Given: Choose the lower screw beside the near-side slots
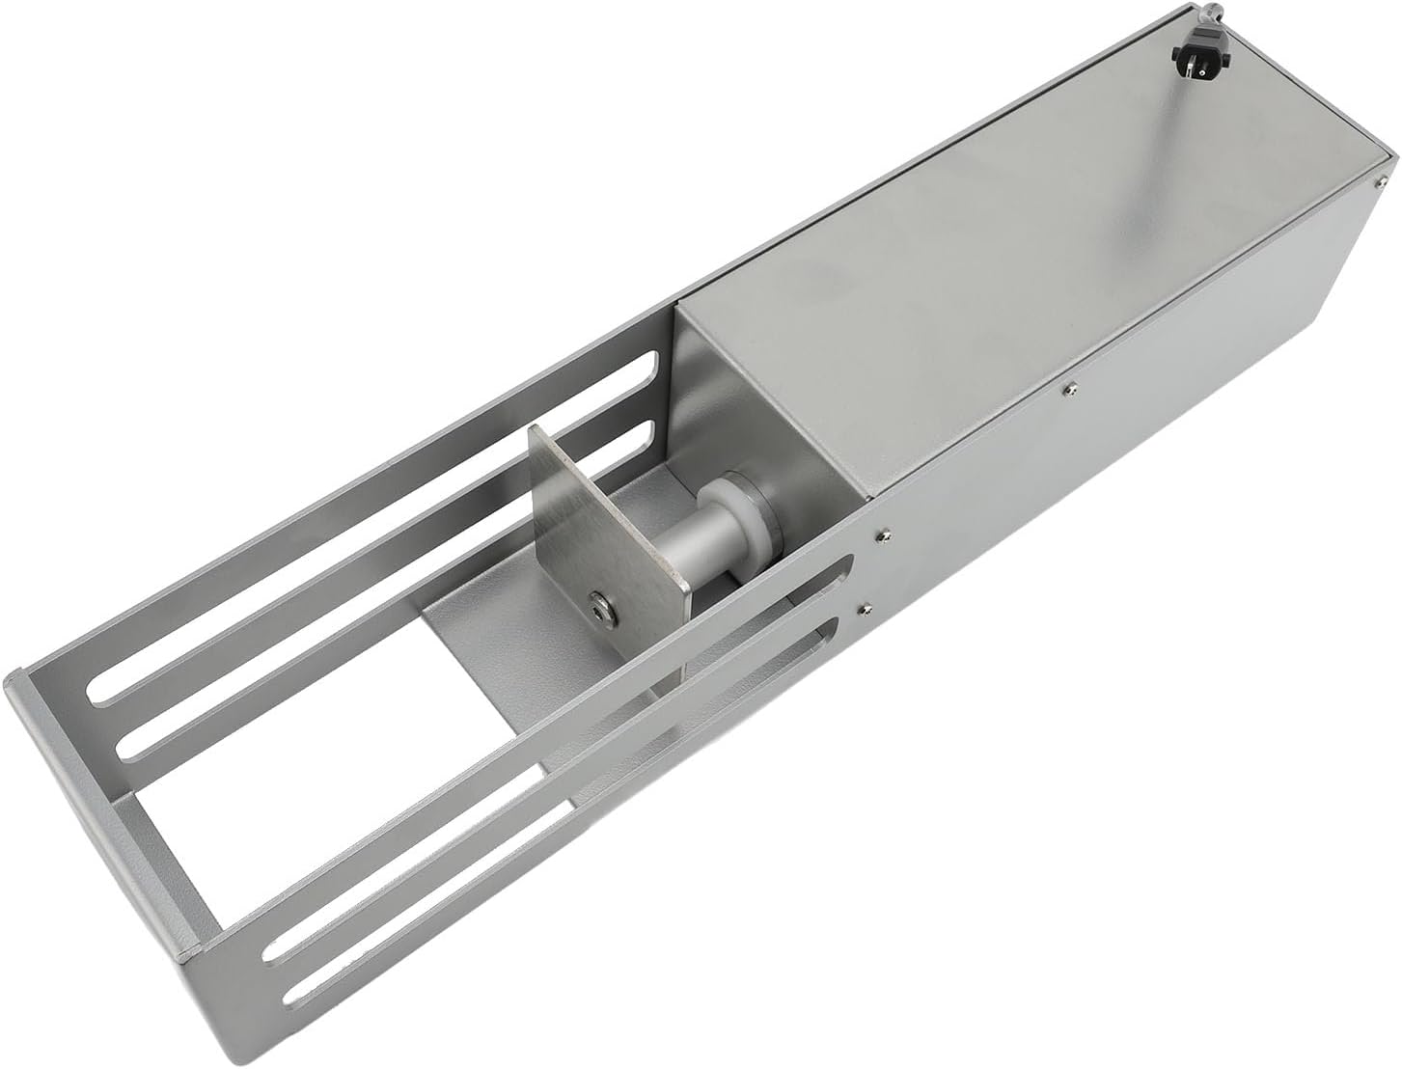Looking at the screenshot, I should click(864, 609).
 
